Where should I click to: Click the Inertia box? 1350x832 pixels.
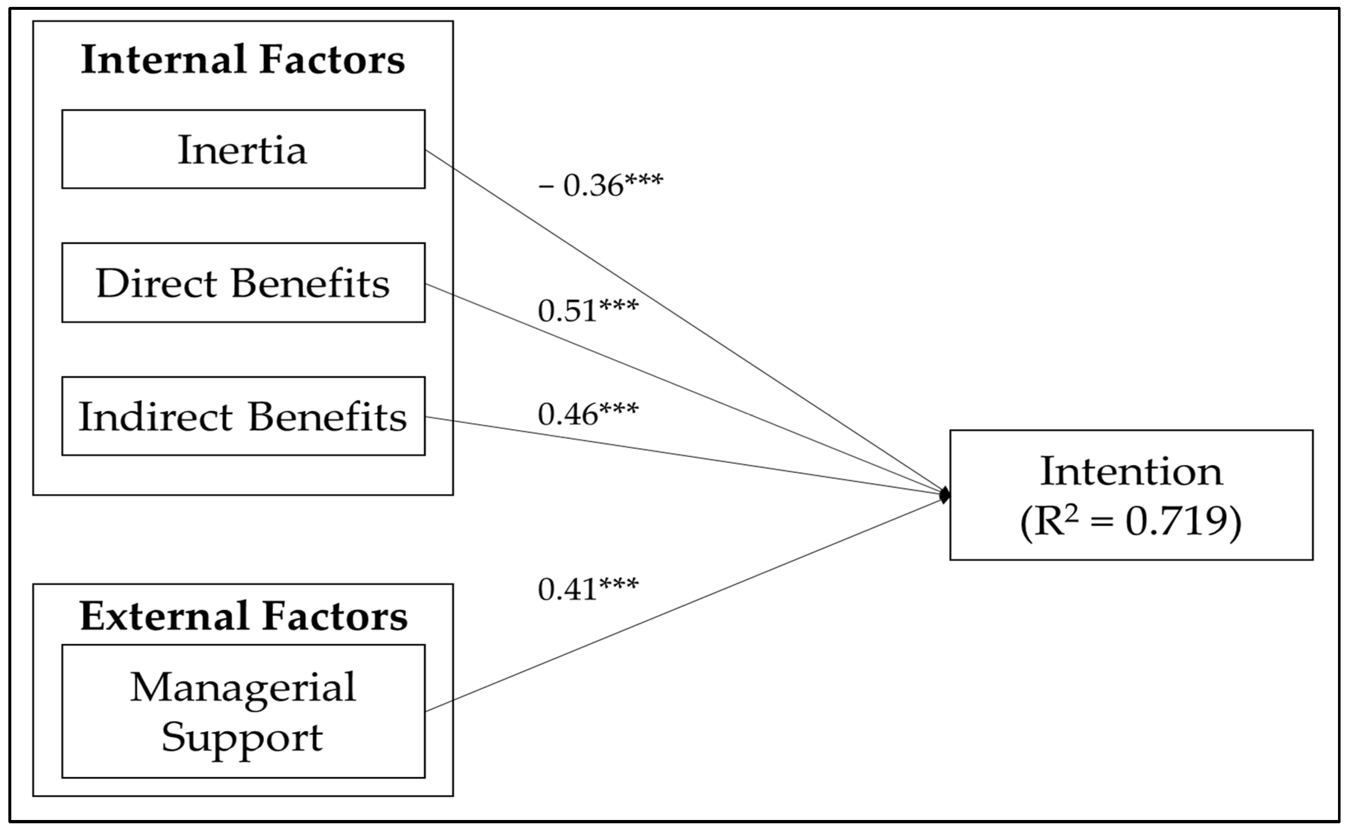pos(243,149)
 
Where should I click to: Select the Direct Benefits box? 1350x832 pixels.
pos(243,283)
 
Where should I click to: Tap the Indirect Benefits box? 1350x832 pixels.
pos(243,417)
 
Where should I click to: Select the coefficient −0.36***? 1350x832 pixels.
pos(601,185)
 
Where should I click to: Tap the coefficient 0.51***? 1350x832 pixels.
pos(588,310)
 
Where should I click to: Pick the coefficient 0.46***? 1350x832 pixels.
pos(588,414)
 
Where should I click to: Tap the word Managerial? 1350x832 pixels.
pos(243,688)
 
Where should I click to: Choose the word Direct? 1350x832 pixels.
pos(156,284)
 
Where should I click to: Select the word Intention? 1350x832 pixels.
pos(1131,472)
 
